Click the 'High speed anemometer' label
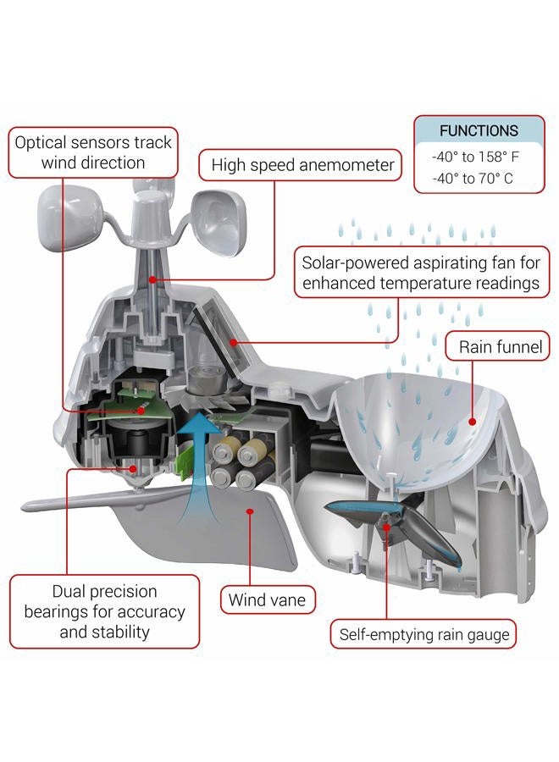300,165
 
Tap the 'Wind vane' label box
268,599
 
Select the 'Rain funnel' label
497,346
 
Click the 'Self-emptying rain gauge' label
423,634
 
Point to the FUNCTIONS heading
479,130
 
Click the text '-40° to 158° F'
475,157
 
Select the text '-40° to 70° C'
473,179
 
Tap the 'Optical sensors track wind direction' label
93,152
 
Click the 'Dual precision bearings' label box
104,611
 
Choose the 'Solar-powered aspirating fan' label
422,273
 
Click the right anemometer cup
219,221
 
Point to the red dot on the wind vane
250,511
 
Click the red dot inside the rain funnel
472,422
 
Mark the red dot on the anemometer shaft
152,279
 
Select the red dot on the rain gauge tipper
387,527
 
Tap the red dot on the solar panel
234,343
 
